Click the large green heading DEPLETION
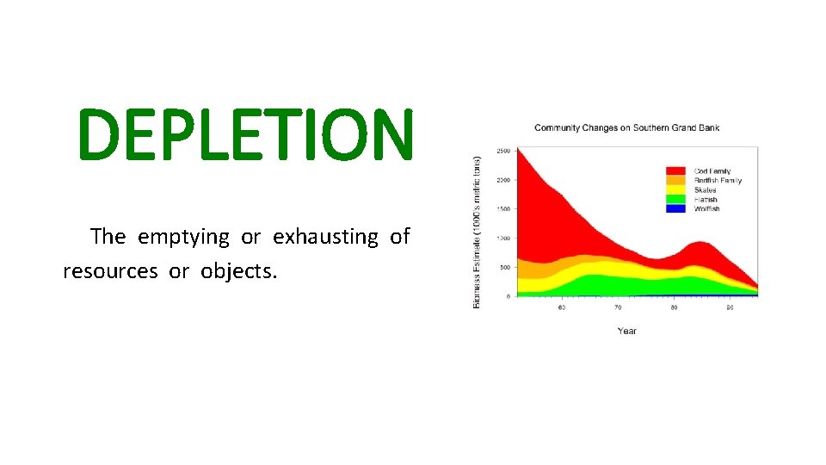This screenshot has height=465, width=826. tap(245, 136)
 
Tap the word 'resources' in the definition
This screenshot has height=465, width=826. tap(110, 271)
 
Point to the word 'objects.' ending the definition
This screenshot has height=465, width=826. tap(240, 271)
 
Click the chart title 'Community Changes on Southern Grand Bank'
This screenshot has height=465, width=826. tap(626, 128)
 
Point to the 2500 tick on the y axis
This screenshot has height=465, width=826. tap(502, 151)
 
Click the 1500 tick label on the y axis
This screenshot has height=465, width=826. tap(502, 209)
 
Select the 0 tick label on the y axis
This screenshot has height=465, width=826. tap(507, 296)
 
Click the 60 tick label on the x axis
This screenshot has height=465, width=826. tap(561, 307)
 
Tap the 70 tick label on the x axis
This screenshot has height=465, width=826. tap(617, 307)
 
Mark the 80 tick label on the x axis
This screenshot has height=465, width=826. tap(674, 307)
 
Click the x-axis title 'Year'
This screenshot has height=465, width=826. tap(626, 331)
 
